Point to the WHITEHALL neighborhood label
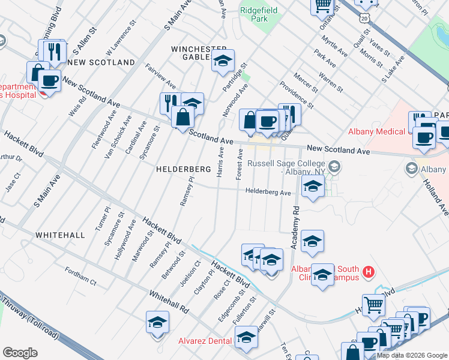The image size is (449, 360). (x=60, y=235)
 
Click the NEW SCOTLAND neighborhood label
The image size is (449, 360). (x=101, y=62)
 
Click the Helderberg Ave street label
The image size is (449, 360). (x=268, y=192)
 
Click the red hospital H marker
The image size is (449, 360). (x=369, y=273)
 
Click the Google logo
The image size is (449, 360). (x=20, y=353)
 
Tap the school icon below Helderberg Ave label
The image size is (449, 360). (x=313, y=188)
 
